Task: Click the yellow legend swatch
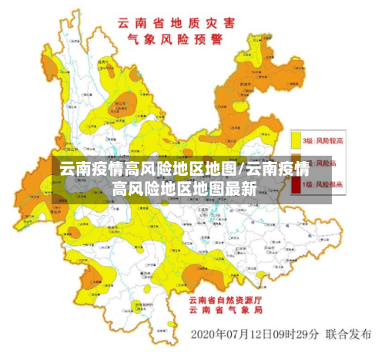point(296,140)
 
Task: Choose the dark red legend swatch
point(296,185)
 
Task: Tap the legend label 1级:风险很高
point(323,185)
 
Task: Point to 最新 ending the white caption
point(243,188)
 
